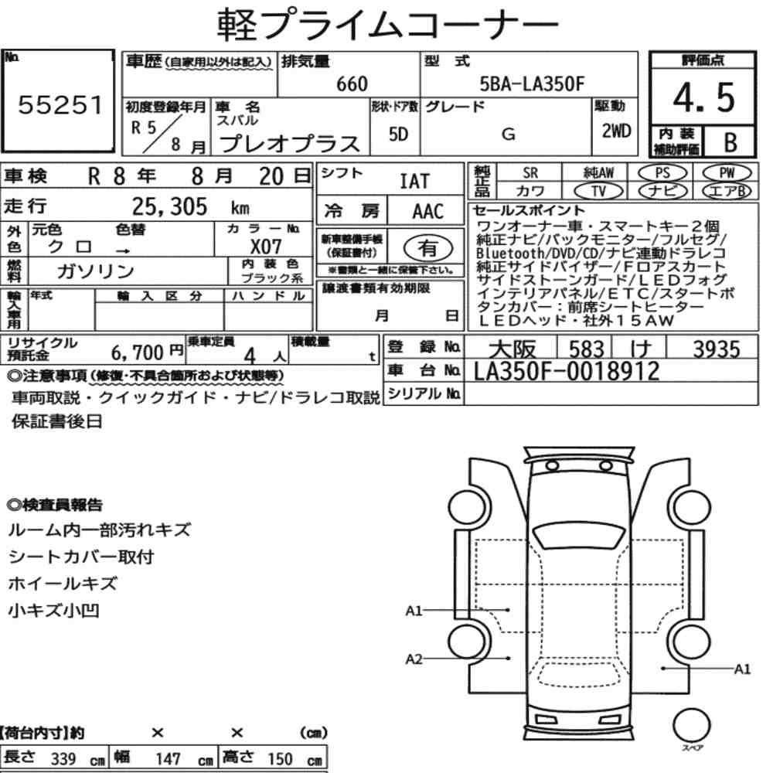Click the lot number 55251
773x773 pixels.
[60, 104]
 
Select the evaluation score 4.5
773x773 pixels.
[703, 97]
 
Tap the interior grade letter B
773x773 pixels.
[730, 142]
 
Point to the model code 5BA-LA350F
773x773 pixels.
[532, 83]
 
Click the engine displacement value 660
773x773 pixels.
[352, 83]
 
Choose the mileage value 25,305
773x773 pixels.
[169, 206]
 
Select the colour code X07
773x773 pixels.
[266, 247]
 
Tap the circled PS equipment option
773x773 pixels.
[662, 173]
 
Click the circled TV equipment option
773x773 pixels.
[598, 191]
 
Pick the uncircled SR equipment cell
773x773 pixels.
[530, 173]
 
